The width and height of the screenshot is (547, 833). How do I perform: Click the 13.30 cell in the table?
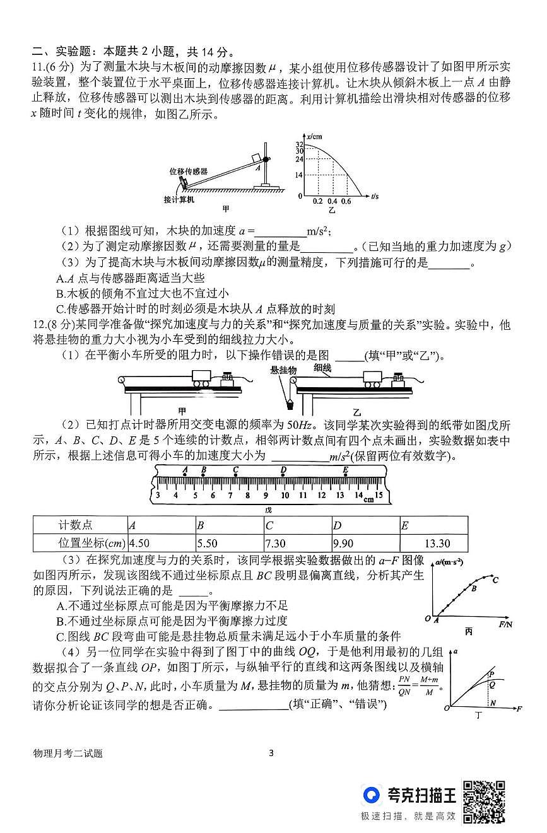[433, 544]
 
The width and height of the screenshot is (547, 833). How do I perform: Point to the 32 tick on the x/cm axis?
[300, 144]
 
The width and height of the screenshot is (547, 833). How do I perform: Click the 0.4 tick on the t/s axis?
[332, 201]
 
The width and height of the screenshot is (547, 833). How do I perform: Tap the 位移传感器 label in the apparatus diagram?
[188, 171]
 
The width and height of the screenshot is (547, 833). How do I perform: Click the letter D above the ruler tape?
[283, 469]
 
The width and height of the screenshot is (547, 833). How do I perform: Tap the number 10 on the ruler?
[285, 495]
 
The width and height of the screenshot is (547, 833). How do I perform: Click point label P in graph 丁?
[491, 673]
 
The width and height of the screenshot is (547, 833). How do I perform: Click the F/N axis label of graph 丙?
[505, 624]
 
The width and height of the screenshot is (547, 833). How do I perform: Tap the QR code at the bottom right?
[485, 801]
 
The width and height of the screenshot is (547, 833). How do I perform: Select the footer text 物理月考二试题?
[69, 753]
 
